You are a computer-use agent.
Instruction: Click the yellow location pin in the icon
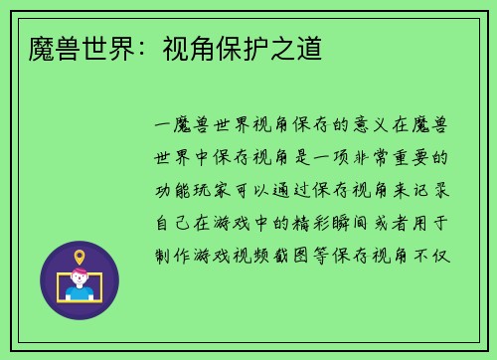(80, 258)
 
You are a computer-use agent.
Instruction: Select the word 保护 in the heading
(246, 48)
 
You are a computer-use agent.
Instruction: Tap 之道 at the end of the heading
(298, 48)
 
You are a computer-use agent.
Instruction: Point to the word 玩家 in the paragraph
(220, 190)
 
